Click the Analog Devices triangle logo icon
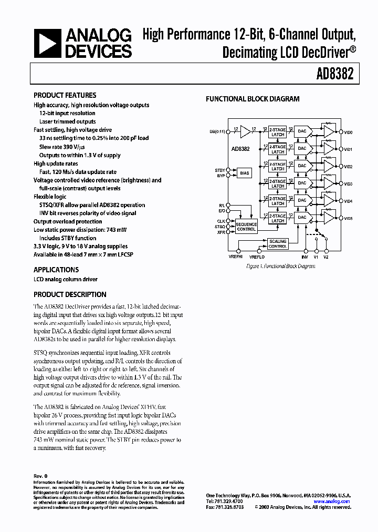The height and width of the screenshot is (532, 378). [x=47, y=43]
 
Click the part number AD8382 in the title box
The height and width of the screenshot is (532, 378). [x=335, y=75]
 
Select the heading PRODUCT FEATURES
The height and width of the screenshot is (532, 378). [x=65, y=95]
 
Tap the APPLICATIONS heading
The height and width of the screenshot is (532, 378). [x=56, y=270]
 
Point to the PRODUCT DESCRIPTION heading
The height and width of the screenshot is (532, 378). [x=70, y=294]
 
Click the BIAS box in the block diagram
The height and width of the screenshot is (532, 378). [x=245, y=172]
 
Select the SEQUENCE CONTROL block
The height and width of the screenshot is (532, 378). [x=246, y=227]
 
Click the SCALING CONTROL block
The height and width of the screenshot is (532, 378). [x=278, y=243]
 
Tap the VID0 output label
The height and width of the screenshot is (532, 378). [x=348, y=132]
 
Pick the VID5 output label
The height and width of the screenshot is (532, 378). [x=348, y=218]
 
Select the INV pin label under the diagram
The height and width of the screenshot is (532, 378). [x=304, y=257]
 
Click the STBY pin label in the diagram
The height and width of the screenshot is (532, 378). [x=220, y=170]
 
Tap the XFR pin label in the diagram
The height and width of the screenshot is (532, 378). [x=221, y=232]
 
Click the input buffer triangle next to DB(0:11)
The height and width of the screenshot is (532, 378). [x=245, y=132]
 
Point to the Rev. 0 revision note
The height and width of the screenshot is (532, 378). [x=40, y=476]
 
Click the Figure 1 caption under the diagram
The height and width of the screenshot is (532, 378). [x=281, y=267]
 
